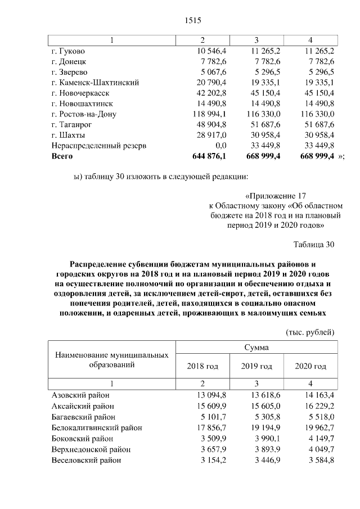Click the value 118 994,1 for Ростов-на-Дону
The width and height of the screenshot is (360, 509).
click(x=210, y=114)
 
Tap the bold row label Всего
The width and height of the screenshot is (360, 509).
click(x=62, y=156)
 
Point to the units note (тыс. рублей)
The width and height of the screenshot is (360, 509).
click(x=310, y=332)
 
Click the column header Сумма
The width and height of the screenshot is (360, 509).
click(x=256, y=348)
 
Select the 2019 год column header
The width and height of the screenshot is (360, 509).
click(x=257, y=366)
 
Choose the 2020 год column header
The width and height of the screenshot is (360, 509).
click(x=310, y=366)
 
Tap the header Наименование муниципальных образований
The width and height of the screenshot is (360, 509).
click(x=112, y=360)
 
